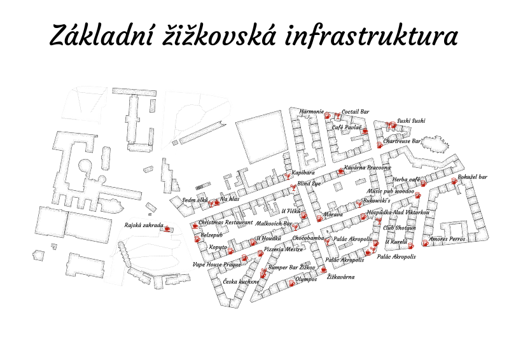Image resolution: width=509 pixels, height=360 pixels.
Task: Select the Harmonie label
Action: click(x=312, y=112)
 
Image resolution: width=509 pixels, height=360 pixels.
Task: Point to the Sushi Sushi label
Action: click(x=411, y=120)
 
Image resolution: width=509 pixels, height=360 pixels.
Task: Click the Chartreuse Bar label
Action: click(x=403, y=141)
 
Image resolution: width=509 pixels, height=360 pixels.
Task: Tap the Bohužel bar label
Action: click(x=472, y=177)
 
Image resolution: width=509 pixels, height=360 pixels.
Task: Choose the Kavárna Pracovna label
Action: click(x=367, y=168)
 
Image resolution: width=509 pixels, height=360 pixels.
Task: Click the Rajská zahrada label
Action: click(x=144, y=225)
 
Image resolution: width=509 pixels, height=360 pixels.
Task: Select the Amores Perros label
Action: click(x=447, y=239)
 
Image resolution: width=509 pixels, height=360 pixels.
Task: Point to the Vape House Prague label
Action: click(x=217, y=264)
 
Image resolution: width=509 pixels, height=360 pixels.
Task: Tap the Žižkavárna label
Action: click(x=342, y=277)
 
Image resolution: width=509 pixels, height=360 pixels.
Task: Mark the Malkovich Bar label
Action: click(x=274, y=224)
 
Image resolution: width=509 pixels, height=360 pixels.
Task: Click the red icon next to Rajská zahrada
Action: click(x=168, y=228)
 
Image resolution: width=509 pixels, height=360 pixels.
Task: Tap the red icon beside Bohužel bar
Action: click(x=454, y=182)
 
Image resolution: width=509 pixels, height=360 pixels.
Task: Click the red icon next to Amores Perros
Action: click(x=426, y=243)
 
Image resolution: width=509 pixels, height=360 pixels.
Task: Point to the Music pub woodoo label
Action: click(x=391, y=191)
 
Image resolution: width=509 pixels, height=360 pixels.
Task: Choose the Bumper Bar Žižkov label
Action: click(x=291, y=268)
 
